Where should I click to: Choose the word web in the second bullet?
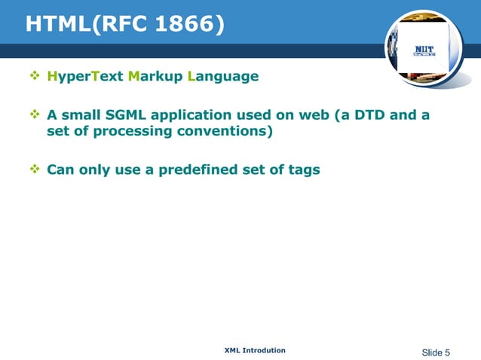pos(320,115)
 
